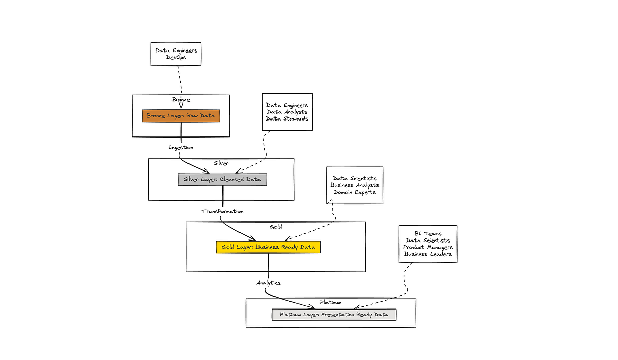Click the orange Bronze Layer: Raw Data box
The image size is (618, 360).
(x=181, y=116)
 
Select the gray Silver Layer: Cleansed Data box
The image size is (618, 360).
(x=222, y=180)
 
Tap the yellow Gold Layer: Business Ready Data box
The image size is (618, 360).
(x=268, y=247)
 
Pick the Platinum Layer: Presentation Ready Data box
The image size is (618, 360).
(x=334, y=314)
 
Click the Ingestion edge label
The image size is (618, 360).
(x=181, y=148)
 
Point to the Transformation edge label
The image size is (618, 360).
(x=222, y=211)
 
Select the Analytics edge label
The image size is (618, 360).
(x=268, y=283)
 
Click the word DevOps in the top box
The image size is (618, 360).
(x=176, y=58)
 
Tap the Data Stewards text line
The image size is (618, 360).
(x=287, y=119)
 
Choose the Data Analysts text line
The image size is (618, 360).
(x=287, y=112)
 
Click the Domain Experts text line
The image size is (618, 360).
(x=354, y=192)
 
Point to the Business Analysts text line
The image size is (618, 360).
(x=354, y=185)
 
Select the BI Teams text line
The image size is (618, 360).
(x=427, y=234)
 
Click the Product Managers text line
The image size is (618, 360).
(x=427, y=247)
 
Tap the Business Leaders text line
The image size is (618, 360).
(x=427, y=254)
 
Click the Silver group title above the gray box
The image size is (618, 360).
(x=221, y=163)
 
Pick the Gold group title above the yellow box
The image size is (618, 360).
(x=276, y=227)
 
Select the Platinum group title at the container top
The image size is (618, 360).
(x=330, y=302)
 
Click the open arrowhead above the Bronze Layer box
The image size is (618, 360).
(x=181, y=106)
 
